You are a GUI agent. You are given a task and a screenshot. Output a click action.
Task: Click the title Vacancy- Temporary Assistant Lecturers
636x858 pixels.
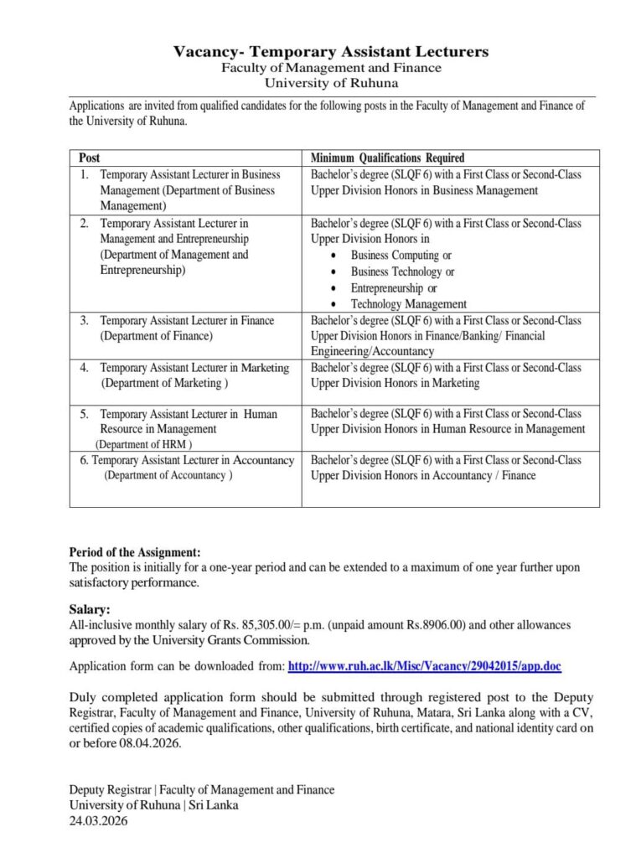[331, 52]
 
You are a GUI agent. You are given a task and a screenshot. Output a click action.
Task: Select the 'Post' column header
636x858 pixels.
[90, 158]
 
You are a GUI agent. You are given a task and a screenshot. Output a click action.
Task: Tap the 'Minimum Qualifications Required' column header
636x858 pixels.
[387, 158]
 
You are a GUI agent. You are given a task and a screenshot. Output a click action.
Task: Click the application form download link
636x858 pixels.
[424, 666]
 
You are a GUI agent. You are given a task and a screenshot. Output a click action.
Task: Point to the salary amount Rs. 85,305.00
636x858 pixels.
[266, 625]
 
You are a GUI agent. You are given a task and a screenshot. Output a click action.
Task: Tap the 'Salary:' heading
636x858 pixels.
[89, 610]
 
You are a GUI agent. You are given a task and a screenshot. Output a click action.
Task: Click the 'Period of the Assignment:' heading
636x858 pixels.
[135, 552]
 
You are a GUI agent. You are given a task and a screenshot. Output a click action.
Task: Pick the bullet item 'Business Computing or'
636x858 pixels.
[401, 256]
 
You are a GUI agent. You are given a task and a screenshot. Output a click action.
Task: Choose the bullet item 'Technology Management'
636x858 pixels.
[408, 304]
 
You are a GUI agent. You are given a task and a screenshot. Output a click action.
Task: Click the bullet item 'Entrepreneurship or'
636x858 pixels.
[394, 288]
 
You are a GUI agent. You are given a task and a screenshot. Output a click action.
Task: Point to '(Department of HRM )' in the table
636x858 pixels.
[143, 444]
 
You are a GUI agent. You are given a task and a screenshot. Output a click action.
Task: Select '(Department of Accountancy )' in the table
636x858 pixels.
[168, 475]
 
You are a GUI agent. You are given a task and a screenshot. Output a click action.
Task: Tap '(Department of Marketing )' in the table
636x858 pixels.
[163, 383]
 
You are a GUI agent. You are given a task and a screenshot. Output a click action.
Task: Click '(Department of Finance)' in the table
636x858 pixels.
[157, 336]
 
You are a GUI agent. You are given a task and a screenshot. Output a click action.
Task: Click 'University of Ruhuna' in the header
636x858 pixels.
[331, 83]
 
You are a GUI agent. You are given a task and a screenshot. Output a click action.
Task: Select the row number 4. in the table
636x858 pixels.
[85, 368]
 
